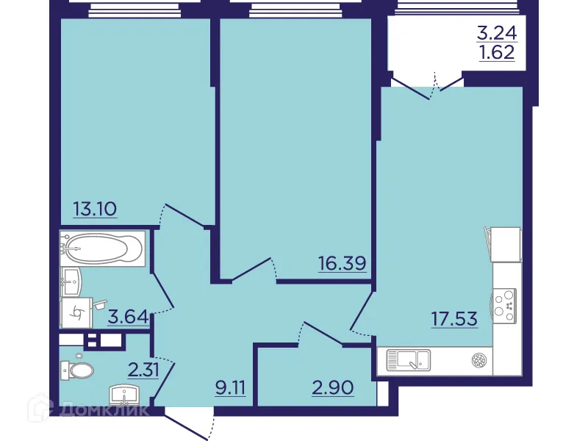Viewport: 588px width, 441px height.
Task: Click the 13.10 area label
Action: (x=96, y=209)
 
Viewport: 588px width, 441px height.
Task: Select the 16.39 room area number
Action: (x=342, y=262)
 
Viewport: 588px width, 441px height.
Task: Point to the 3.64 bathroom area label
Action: (x=129, y=318)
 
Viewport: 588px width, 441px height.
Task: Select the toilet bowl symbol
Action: (x=78, y=368)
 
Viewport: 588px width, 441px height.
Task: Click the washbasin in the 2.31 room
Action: (x=123, y=396)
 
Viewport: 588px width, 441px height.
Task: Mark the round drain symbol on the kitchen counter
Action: (x=478, y=360)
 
